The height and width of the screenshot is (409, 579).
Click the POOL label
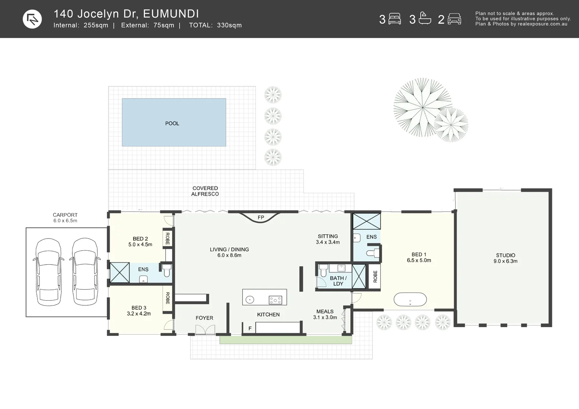click(x=172, y=123)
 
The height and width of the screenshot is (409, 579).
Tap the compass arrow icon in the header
click(x=32, y=19)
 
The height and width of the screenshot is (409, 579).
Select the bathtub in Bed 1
click(x=410, y=299)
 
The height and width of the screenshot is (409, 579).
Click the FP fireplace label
click(x=261, y=217)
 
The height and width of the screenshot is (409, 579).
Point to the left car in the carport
click(x=48, y=272)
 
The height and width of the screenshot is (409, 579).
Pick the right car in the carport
click(x=85, y=272)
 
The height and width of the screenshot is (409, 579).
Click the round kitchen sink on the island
click(x=250, y=300)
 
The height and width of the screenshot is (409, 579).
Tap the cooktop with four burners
click(x=275, y=300)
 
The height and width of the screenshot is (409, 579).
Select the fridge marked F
click(x=250, y=328)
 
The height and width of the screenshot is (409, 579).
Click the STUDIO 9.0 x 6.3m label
click(x=505, y=258)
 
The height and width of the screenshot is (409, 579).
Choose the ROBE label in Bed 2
click(x=167, y=239)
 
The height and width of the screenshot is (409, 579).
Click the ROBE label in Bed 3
click(x=167, y=298)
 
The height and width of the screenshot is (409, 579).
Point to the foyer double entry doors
click(x=205, y=330)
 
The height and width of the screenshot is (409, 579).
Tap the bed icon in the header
click(x=395, y=19)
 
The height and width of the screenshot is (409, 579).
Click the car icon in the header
click(x=454, y=19)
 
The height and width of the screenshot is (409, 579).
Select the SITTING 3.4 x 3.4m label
click(x=328, y=239)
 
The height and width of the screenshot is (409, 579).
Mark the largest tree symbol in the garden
click(x=422, y=107)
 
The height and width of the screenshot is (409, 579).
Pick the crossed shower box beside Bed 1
click(x=366, y=221)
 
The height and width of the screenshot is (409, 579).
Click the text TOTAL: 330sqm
click(x=215, y=25)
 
